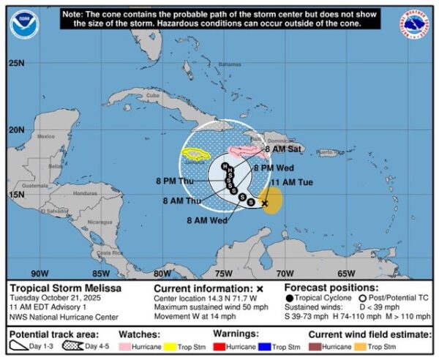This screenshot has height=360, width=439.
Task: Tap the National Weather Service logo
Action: click(415, 25)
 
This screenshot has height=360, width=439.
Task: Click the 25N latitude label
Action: click(17, 63)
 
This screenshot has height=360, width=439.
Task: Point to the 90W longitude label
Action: click(40, 273)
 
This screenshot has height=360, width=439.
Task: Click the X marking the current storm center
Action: click(265, 203)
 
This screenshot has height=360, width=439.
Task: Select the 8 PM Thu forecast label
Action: click(176, 181)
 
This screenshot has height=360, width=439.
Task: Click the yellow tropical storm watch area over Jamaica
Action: click(198, 154)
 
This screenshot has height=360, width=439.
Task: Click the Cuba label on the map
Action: click(152, 96)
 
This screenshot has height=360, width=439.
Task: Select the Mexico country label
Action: click(46, 136)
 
